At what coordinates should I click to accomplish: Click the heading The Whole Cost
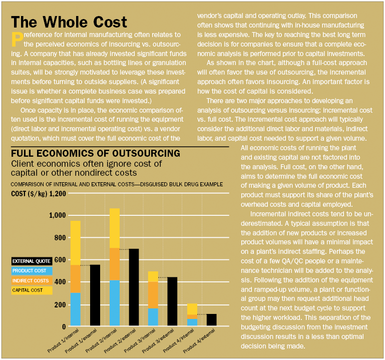pos(69,22)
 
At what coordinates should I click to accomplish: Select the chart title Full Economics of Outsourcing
pos(95,153)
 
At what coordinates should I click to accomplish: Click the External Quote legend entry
pos(31,261)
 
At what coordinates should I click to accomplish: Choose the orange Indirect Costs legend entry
pos(31,280)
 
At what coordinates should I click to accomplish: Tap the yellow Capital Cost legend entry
pos(28,290)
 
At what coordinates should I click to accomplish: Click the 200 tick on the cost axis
pos(59,304)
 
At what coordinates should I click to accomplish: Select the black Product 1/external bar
pos(95,295)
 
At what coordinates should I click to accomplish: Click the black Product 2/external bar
pos(134,287)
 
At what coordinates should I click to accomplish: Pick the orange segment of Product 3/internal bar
pos(153,295)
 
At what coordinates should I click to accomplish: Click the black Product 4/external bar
pos(212,320)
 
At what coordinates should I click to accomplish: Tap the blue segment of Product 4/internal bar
pos(192,322)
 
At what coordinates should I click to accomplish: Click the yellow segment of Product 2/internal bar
pos(115,228)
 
